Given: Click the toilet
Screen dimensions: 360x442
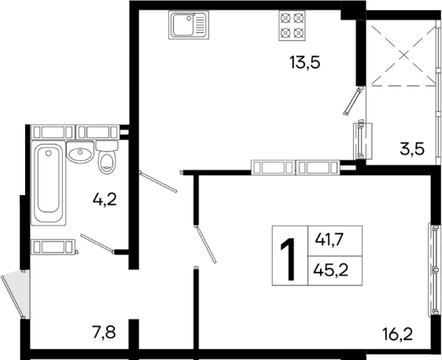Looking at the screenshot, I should pyautogui.click(x=108, y=160).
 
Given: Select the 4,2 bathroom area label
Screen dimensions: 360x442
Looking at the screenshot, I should pyautogui.click(x=105, y=199).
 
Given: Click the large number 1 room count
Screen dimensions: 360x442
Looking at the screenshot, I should pyautogui.click(x=288, y=254).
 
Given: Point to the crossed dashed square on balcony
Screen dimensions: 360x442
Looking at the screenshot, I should pyautogui.click(x=403, y=53).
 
